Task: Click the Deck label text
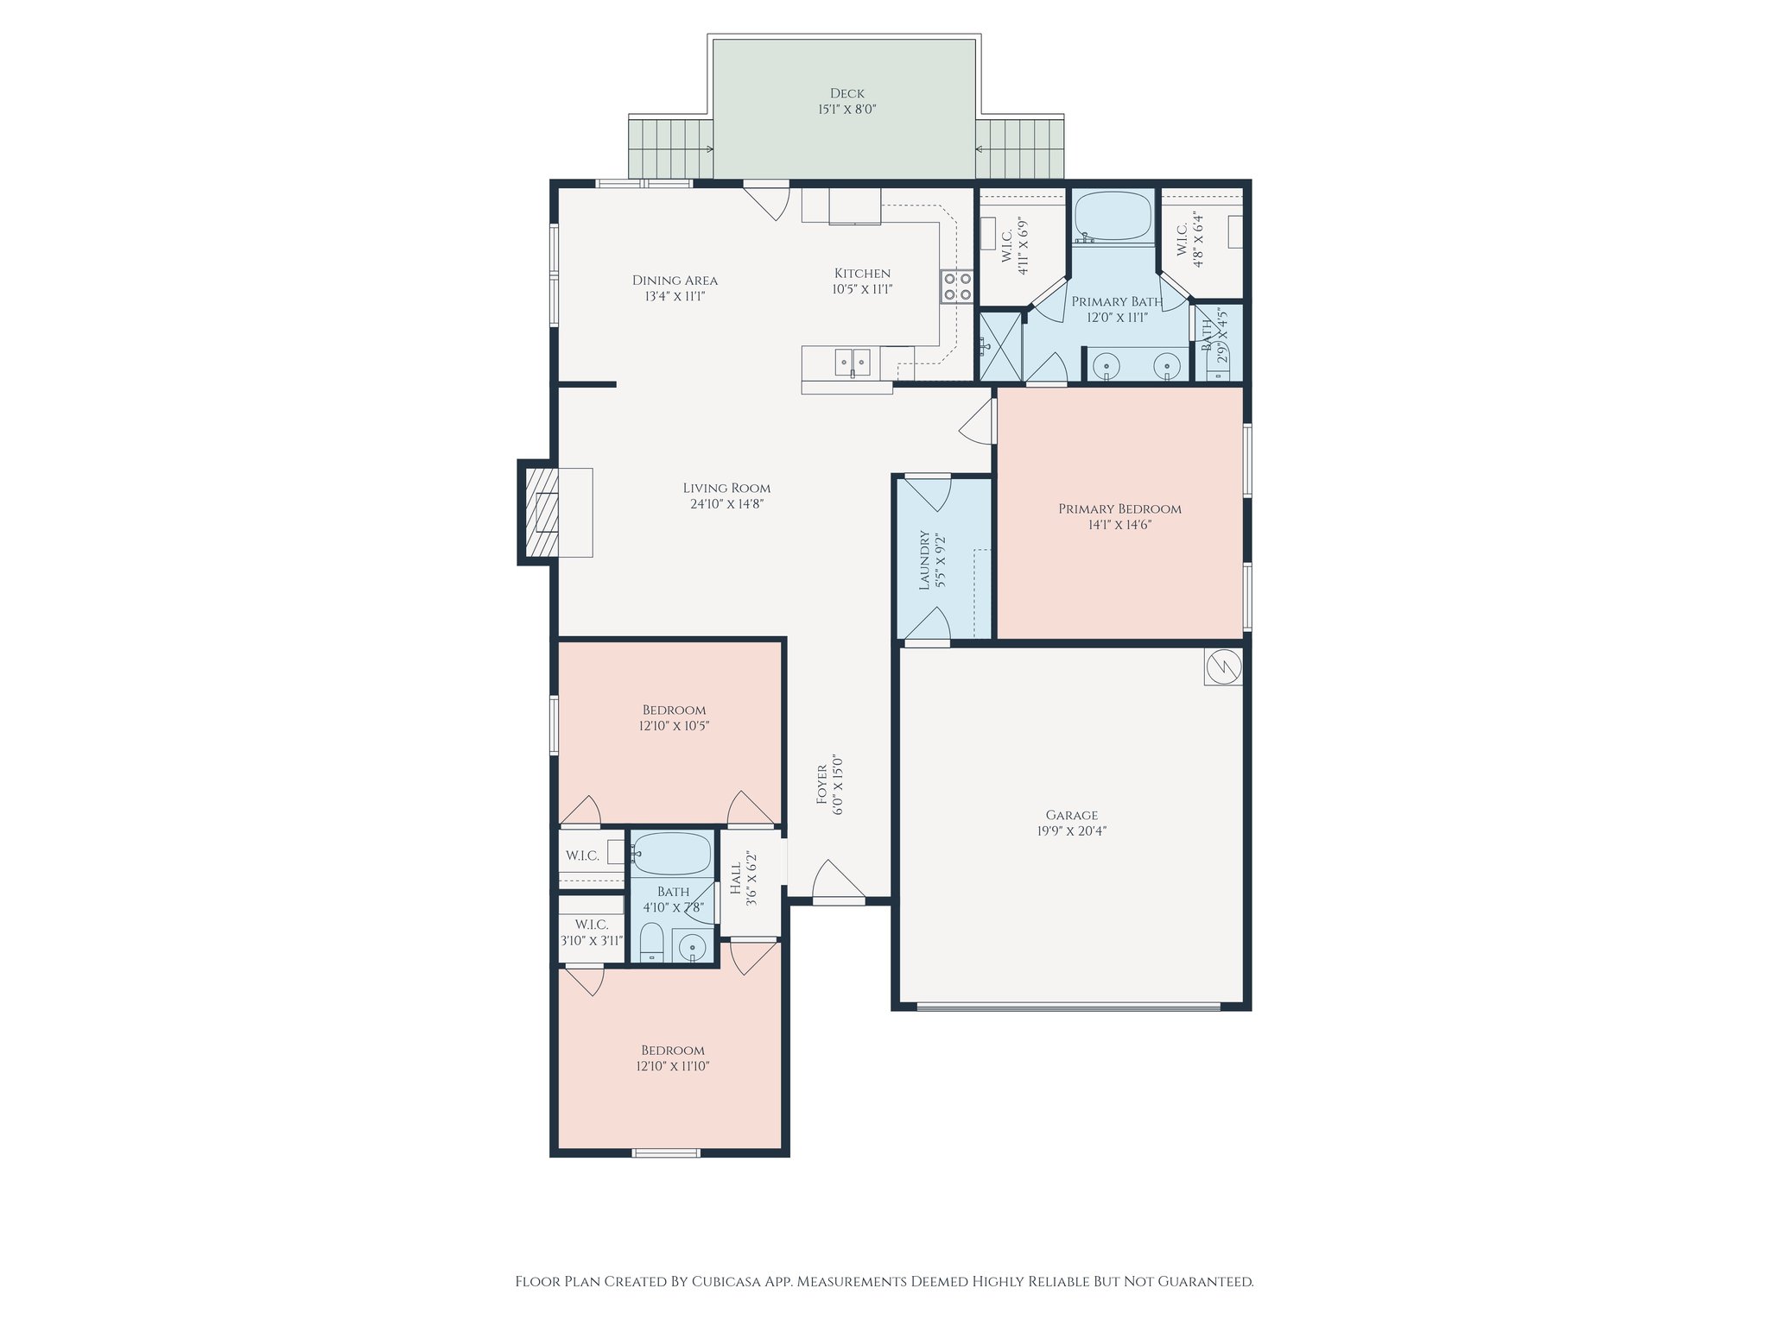click(x=846, y=93)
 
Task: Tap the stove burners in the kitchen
click(x=956, y=287)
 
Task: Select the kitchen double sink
click(x=853, y=362)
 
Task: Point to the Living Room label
click(x=726, y=488)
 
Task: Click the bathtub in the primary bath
click(x=1113, y=216)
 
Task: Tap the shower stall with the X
click(x=999, y=345)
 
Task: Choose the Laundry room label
click(x=924, y=560)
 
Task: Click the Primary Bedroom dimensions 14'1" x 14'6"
click(x=1119, y=524)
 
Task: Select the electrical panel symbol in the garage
click(x=1223, y=666)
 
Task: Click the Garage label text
click(x=1072, y=815)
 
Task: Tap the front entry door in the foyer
click(x=839, y=881)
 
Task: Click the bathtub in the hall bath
click(x=671, y=854)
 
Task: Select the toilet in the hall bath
click(x=651, y=943)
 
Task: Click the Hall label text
click(x=735, y=879)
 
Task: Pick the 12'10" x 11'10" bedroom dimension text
click(x=672, y=1066)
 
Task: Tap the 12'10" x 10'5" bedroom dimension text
click(x=674, y=726)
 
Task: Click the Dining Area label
click(x=675, y=280)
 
